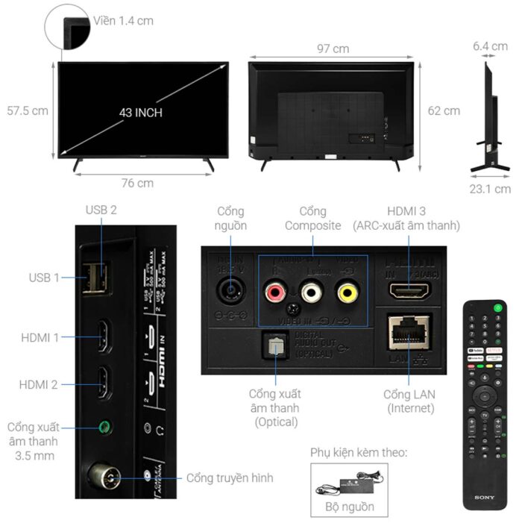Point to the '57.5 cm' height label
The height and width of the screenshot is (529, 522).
tap(28, 110)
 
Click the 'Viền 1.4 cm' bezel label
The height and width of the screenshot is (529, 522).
tap(124, 20)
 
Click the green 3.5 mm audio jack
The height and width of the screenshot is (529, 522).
tap(104, 428)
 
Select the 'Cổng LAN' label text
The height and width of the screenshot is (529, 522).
tap(409, 394)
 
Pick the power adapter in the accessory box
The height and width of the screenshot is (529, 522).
tap(349, 485)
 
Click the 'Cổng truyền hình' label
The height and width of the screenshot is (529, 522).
tap(230, 478)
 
